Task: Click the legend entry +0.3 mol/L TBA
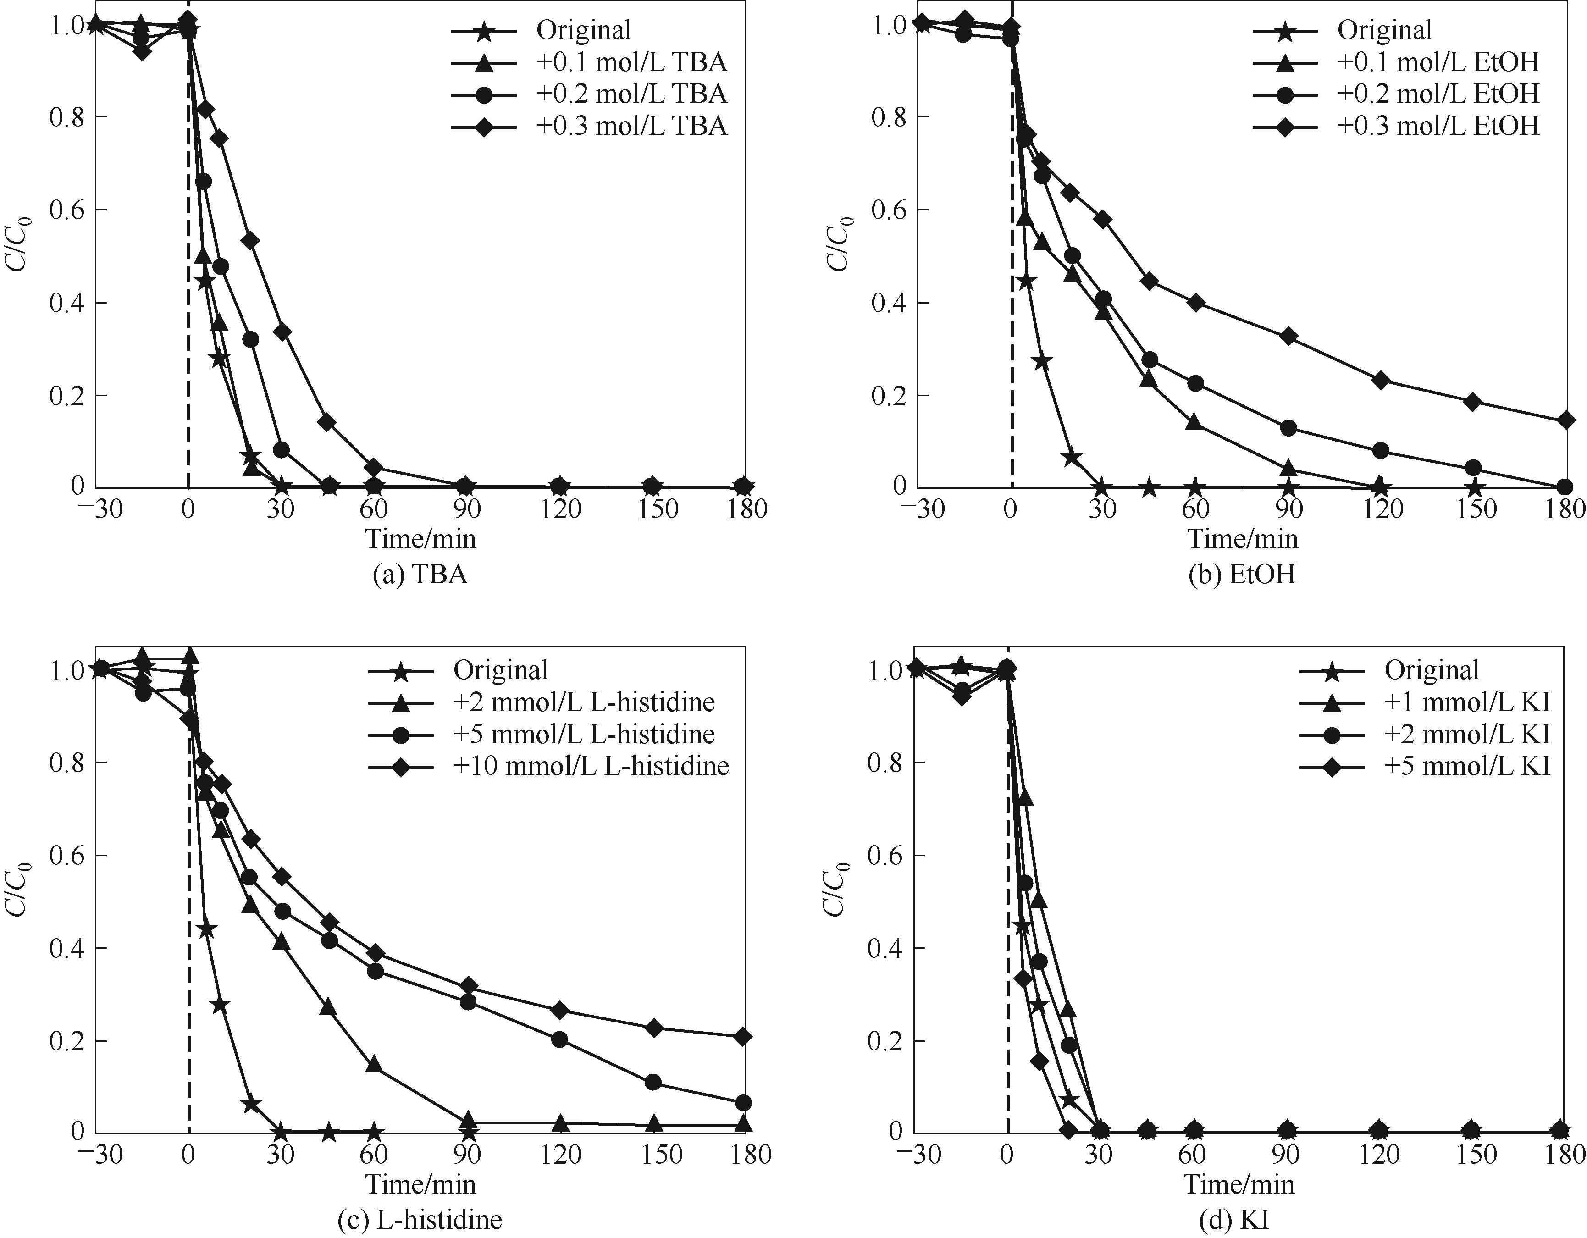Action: tap(631, 127)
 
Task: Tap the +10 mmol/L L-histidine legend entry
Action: tap(591, 766)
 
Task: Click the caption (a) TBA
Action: tap(420, 575)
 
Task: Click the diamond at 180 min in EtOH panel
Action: tap(1566, 420)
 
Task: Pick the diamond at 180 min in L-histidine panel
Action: tap(742, 1037)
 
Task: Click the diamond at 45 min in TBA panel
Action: tap(327, 422)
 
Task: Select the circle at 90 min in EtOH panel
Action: tap(1288, 428)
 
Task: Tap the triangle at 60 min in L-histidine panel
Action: tap(374, 1066)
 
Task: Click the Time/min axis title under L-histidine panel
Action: tap(420, 1184)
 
